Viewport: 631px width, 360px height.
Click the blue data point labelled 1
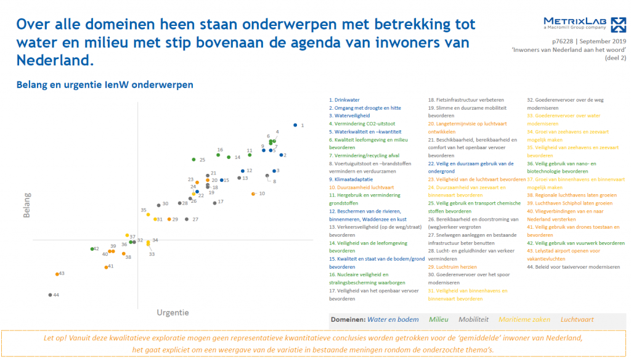[295, 125]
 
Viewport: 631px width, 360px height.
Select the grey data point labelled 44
[51, 295]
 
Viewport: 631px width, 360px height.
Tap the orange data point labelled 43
[57, 274]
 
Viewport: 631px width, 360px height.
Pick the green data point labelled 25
[193, 160]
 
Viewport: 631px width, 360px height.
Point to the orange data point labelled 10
[253, 194]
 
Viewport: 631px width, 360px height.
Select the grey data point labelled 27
[187, 219]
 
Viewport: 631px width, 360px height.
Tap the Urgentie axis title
[173, 313]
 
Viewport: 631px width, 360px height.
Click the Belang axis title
[27, 205]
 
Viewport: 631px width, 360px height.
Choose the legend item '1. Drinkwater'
[344, 100]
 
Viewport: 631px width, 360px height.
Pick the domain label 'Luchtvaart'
[577, 320]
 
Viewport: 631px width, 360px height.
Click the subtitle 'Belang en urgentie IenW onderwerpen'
[105, 84]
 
